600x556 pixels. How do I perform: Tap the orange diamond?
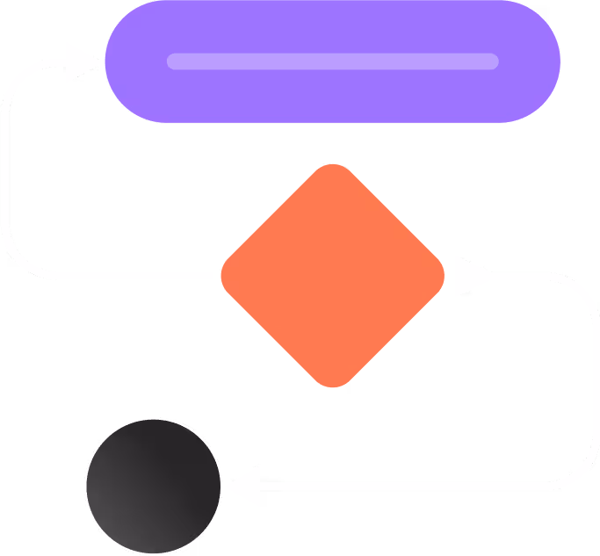pos(332,276)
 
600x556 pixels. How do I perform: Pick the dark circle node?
pos(154,486)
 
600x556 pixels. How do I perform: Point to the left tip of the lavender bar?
pos(172,61)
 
